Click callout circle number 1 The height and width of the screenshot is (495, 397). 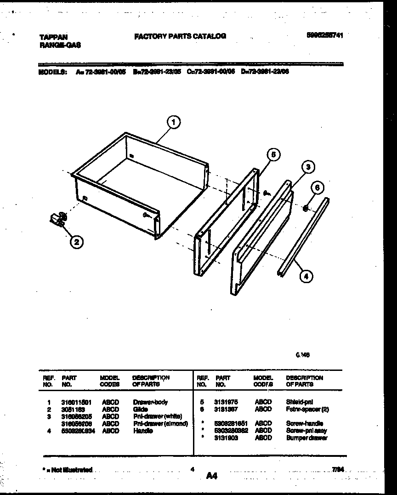click(x=173, y=122)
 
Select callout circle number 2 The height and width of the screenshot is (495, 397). click(x=77, y=242)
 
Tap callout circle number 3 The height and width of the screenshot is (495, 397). click(x=308, y=167)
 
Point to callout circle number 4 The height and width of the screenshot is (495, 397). click(x=306, y=276)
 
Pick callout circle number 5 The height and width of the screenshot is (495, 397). click(x=273, y=155)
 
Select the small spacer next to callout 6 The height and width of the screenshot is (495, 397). click(x=305, y=208)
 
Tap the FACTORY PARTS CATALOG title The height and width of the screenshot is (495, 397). click(x=180, y=36)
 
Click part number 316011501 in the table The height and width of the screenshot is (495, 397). click(x=76, y=402)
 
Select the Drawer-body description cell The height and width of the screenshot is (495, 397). click(x=150, y=402)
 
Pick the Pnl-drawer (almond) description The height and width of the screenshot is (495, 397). click(x=160, y=424)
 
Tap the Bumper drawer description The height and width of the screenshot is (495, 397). click(x=307, y=438)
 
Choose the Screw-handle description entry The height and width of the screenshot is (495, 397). click(x=305, y=423)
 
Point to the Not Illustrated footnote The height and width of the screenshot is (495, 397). click(x=67, y=470)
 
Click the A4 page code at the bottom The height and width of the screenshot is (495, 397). click(x=211, y=476)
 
